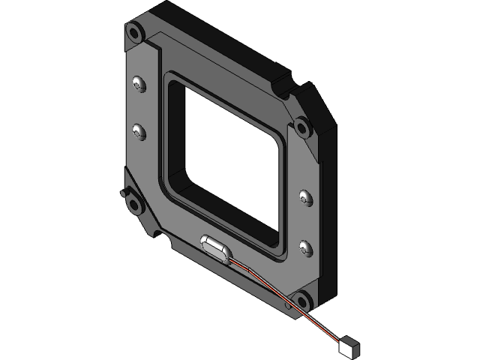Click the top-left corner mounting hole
tap(134, 32)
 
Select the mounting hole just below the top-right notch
tap(301, 126)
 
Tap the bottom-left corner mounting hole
tap(133, 200)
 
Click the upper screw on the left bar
tap(137, 84)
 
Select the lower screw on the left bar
tap(137, 133)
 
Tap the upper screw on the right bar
tap(304, 198)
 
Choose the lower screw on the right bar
tap(304, 246)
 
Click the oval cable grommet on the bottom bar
tap(215, 246)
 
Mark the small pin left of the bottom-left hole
tap(122, 193)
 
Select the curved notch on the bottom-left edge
tap(160, 239)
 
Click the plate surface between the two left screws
tap(138, 109)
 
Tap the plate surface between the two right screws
tap(304, 222)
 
